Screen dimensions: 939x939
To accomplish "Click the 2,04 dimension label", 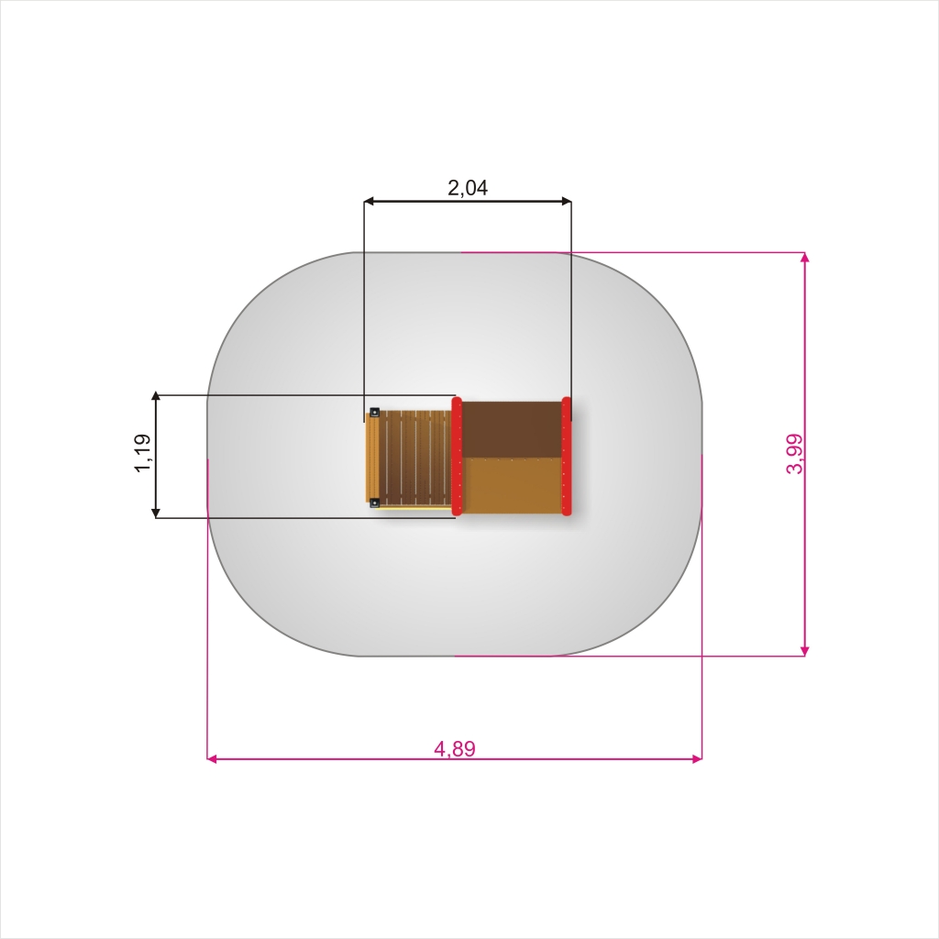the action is (468, 188).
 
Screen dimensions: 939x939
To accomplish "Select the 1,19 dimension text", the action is (142, 453).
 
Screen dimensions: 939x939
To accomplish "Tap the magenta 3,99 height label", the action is (794, 454).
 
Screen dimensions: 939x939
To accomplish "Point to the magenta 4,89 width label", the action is (455, 748).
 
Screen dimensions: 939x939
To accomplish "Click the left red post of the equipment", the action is (457, 456).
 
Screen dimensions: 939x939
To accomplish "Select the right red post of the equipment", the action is (567, 456).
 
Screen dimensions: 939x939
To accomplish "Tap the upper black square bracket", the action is (374, 412).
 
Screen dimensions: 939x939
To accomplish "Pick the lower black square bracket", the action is (374, 503).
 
